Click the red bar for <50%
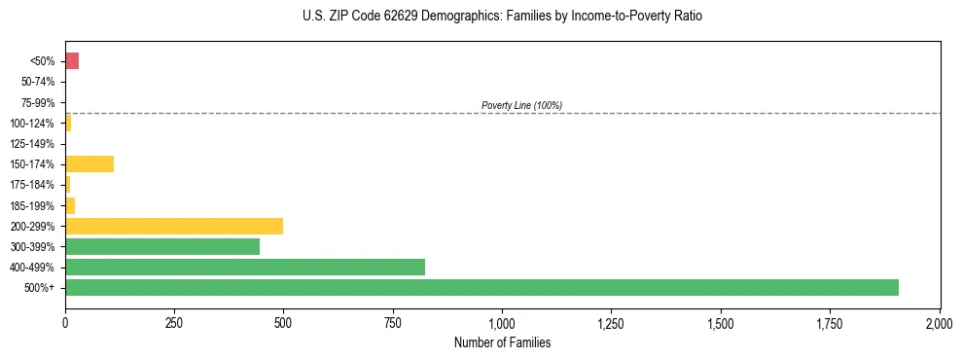72,61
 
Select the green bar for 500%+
481,287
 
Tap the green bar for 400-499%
245,267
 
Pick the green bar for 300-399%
162,246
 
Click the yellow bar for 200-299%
174,226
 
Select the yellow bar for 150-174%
89,163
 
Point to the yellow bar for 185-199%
70,205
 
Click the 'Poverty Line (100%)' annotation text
521,105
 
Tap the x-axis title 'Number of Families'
502,342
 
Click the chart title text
502,17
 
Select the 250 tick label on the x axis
174,323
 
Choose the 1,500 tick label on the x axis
721,323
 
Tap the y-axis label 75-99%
40,102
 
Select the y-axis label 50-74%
40,82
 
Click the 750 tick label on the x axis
393,323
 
